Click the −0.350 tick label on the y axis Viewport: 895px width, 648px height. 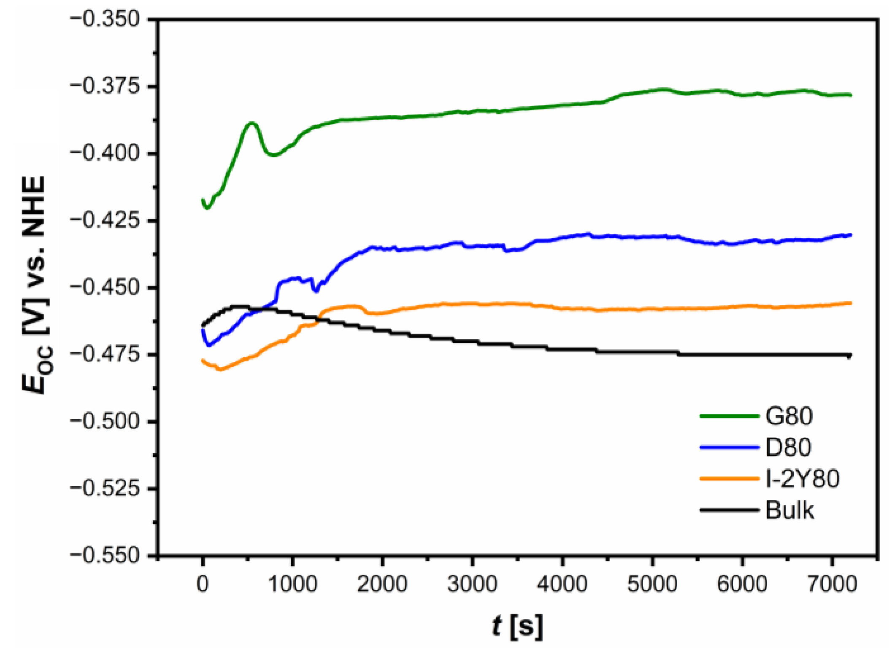point(104,19)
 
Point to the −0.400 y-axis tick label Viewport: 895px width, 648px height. point(104,153)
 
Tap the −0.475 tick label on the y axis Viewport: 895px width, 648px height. point(104,354)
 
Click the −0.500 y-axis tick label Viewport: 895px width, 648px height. point(104,421)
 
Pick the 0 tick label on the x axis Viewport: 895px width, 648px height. point(203,584)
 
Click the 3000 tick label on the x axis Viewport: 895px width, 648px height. point(472,584)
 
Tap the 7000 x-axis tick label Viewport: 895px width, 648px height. point(832,584)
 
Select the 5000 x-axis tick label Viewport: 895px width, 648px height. point(652,584)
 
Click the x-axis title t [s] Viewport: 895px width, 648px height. point(517,626)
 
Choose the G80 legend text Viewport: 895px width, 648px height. point(789,416)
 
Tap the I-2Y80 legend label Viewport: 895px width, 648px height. point(802,479)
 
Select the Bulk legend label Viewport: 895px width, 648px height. point(789,510)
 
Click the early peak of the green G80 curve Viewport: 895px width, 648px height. point(252,123)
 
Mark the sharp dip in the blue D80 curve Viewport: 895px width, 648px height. point(315,290)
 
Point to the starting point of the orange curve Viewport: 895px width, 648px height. point(203,360)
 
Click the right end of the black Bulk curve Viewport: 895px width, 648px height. point(850,356)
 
